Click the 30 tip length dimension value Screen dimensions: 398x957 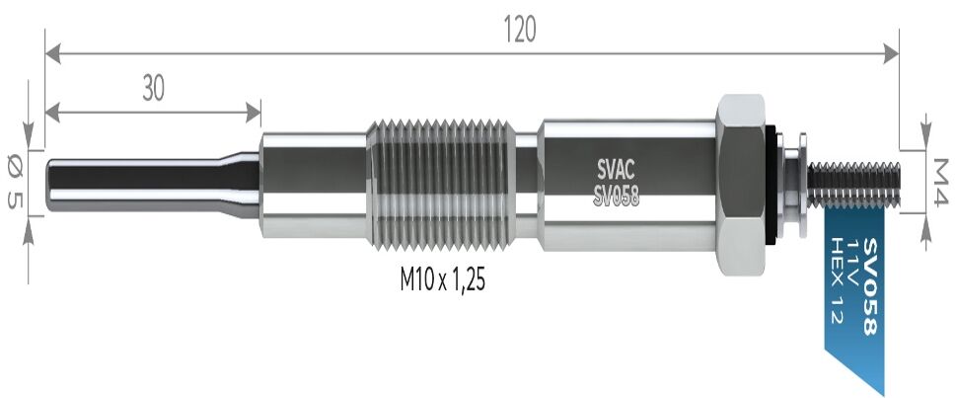point(152,89)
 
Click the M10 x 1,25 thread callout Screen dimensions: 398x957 point(443,280)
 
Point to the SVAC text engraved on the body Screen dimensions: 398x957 point(616,167)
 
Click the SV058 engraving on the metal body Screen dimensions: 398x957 point(617,196)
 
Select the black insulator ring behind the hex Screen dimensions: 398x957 point(773,184)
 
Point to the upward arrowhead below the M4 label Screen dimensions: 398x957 point(927,226)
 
